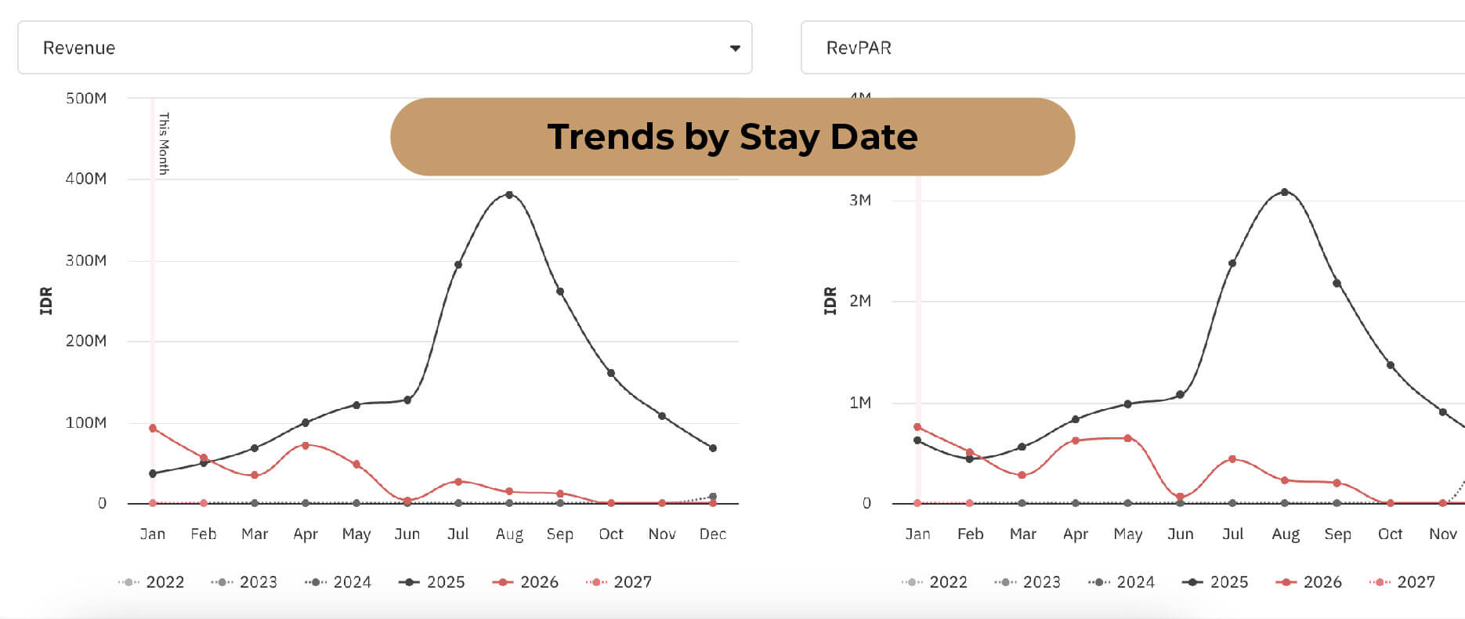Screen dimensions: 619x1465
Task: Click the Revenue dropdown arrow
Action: tap(734, 49)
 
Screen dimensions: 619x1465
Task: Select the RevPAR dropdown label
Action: tap(859, 48)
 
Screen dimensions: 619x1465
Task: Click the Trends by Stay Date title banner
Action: tap(732, 137)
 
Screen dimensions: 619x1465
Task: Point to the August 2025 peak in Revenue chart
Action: tap(509, 195)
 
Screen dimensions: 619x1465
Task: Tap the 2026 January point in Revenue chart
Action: tap(153, 429)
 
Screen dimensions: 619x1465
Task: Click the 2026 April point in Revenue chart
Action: tap(306, 445)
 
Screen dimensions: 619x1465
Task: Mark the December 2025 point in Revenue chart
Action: tap(712, 448)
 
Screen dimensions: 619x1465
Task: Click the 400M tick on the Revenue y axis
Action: tap(86, 179)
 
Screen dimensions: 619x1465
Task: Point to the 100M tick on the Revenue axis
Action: tap(86, 423)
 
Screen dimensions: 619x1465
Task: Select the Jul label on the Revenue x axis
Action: tap(458, 534)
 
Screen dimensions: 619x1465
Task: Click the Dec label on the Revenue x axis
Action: tap(712, 534)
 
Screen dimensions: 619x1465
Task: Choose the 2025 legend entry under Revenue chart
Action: tap(432, 582)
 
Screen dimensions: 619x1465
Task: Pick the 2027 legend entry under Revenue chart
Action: tap(619, 582)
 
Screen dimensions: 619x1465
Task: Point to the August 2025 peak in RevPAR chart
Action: tap(1285, 192)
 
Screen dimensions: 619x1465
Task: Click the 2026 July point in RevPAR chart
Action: tap(1232, 459)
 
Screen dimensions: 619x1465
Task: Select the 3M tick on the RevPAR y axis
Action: tap(860, 201)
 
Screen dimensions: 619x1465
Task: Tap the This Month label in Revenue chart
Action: tap(164, 143)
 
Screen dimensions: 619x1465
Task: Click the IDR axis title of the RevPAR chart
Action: tap(830, 301)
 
